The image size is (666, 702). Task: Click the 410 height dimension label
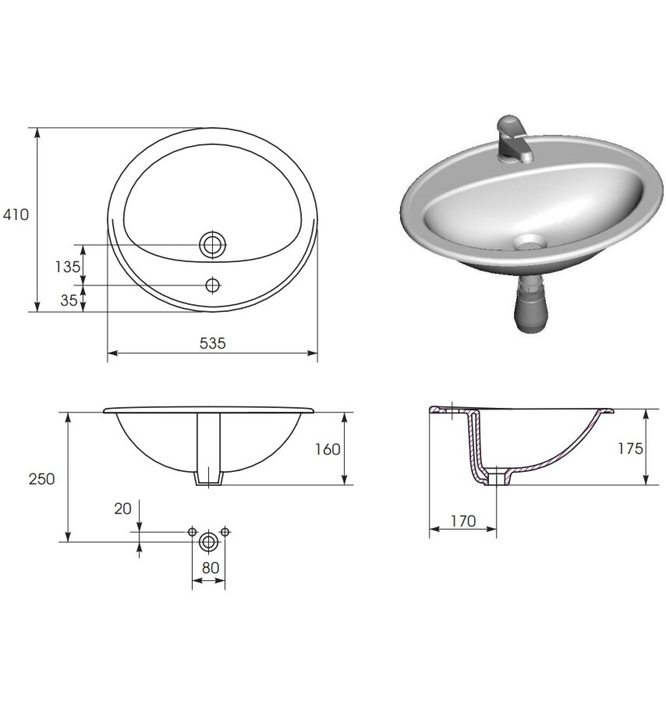click(x=16, y=215)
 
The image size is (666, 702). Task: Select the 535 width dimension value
click(x=213, y=343)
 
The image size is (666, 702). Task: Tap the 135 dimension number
click(x=68, y=267)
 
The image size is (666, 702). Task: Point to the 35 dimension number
click(x=69, y=300)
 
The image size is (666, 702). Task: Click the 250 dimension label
click(x=41, y=479)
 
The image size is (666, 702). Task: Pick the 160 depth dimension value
click(x=328, y=449)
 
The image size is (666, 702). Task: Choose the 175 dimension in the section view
click(x=630, y=448)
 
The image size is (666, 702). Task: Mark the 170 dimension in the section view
click(x=463, y=521)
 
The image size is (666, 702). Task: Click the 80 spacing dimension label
click(x=211, y=568)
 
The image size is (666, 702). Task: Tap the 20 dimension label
click(x=122, y=509)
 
